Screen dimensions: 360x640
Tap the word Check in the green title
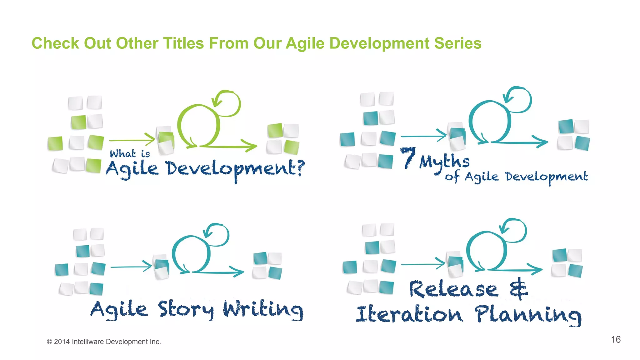point(55,43)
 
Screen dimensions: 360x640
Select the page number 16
point(616,339)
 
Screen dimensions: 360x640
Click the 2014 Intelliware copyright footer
point(104,342)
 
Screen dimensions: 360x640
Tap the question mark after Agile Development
point(300,168)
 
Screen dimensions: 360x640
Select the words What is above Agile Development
point(130,153)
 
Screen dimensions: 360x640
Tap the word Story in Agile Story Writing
point(186,310)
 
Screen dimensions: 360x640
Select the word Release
point(453,289)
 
